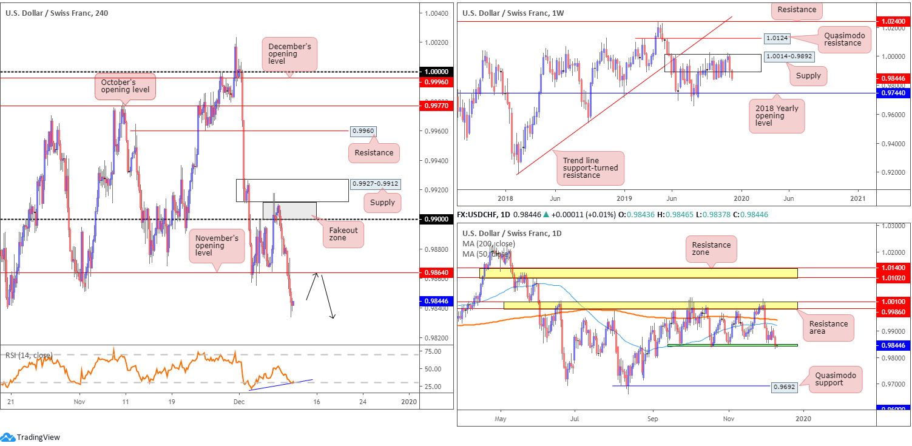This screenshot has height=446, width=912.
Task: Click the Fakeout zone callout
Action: click(343, 234)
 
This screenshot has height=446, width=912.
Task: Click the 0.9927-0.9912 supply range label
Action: click(379, 183)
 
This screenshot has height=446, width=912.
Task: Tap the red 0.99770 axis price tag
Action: click(436, 106)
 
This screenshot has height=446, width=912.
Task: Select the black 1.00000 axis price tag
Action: click(436, 72)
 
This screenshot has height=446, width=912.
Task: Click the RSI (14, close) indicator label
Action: click(29, 355)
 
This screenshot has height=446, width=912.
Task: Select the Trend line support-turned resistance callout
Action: click(591, 168)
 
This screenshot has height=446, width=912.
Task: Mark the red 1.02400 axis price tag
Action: click(895, 21)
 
